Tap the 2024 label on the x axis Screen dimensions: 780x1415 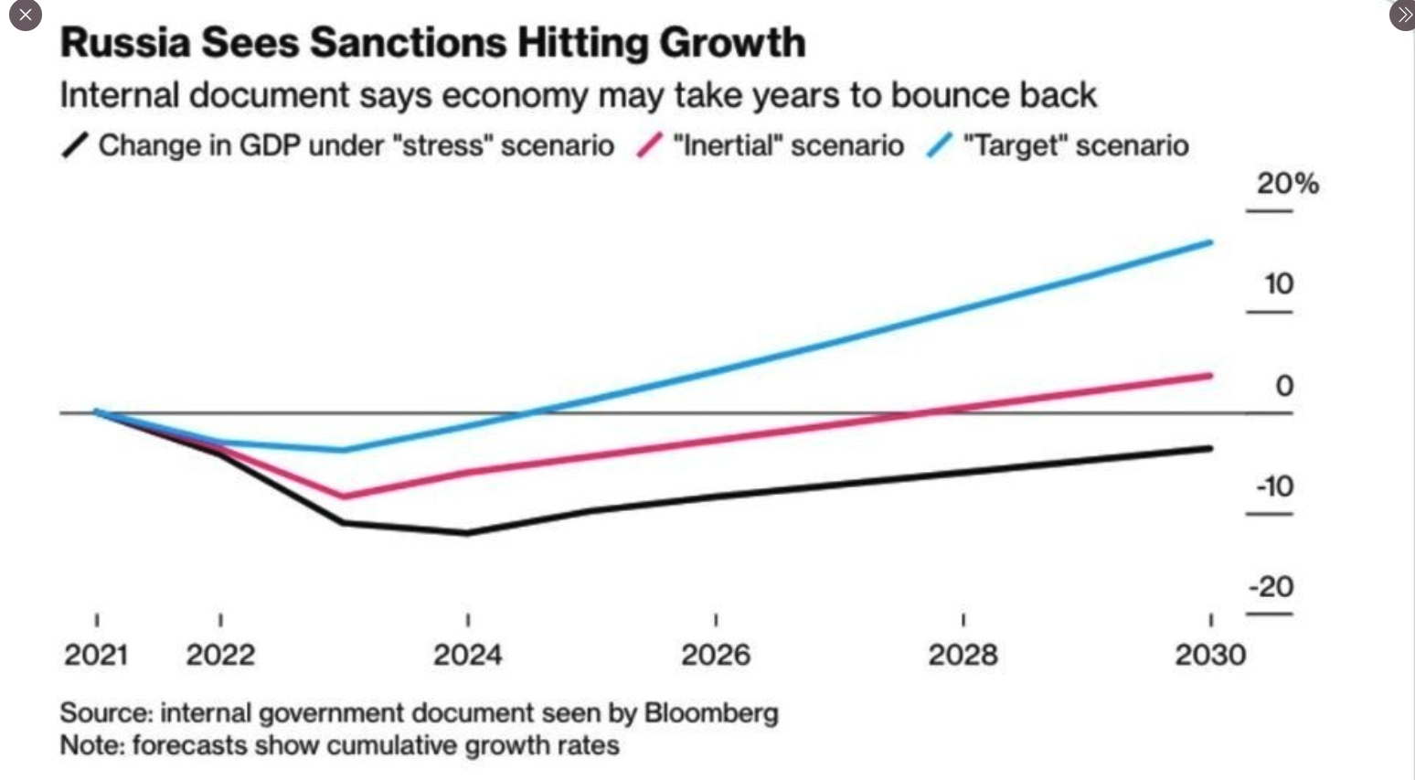(467, 655)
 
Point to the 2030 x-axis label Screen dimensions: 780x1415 (1210, 655)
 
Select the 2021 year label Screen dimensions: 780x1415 (96, 655)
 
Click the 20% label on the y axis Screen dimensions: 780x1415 (1287, 184)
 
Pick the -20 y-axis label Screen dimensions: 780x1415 (1271, 586)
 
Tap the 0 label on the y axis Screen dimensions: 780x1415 (1283, 386)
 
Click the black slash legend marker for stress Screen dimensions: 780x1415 (75, 145)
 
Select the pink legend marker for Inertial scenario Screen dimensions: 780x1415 (649, 145)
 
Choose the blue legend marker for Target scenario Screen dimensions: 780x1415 (940, 145)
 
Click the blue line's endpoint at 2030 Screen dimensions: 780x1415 (1210, 242)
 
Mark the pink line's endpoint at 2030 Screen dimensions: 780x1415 (1210, 375)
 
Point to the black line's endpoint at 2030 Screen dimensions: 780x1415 (1210, 448)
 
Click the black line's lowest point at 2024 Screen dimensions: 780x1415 (468, 532)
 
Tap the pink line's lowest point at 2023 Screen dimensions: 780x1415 (344, 497)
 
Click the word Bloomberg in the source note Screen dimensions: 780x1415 (711, 713)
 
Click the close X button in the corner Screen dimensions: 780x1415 (25, 15)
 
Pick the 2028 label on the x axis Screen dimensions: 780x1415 (963, 655)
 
